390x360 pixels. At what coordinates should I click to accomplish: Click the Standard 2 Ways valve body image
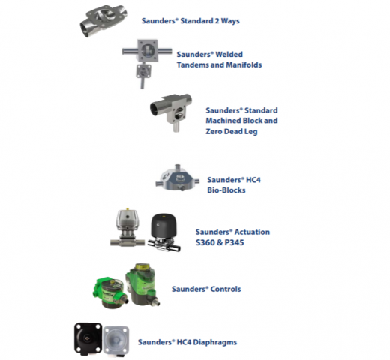pos(103,20)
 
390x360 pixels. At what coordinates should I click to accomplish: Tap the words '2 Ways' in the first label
pos(227,21)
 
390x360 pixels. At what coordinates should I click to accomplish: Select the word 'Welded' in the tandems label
pos(229,54)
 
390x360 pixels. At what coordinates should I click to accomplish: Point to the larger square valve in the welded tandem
pos(148,51)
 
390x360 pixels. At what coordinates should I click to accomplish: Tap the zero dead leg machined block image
pos(172,112)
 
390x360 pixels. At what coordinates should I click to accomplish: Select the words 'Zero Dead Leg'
pos(232,131)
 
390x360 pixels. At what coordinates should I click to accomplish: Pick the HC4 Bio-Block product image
pos(178,178)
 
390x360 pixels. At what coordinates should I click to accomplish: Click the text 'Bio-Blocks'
pos(226,190)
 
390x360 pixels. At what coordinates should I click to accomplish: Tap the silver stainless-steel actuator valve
pos(127,227)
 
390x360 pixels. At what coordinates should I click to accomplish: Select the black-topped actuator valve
pos(163,232)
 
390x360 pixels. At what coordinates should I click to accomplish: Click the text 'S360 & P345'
pos(220,242)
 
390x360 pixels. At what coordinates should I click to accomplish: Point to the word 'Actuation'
pos(252,232)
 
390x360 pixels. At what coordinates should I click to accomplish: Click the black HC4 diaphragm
pos(88,339)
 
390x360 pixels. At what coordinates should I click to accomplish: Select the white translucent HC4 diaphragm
pos(116,340)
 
